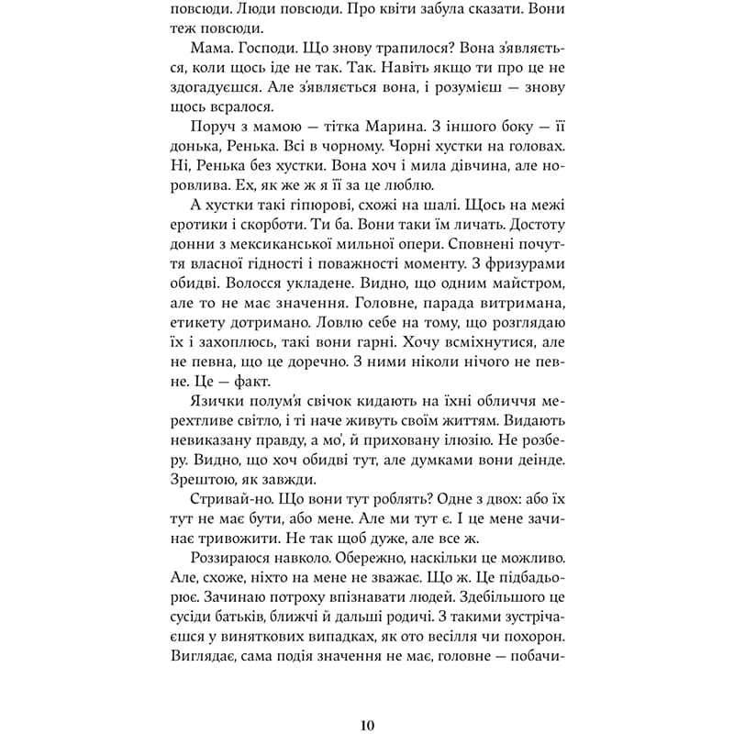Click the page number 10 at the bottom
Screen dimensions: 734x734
(x=367, y=724)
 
